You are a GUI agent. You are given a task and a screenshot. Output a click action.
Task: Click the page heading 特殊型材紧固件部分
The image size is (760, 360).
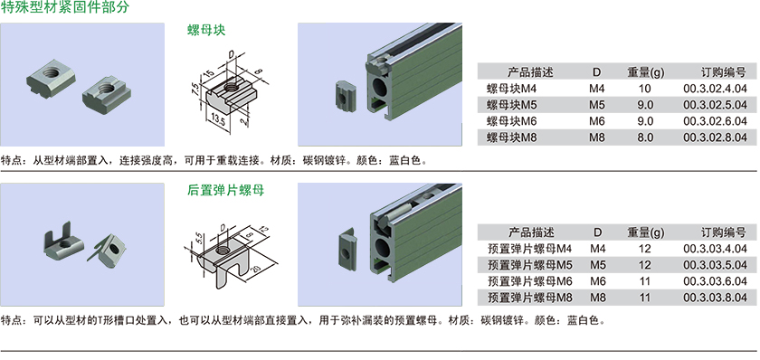[x=65, y=7]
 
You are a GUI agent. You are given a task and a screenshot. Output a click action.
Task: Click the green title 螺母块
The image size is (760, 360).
[x=206, y=31]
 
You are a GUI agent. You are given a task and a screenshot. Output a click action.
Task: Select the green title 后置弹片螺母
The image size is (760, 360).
[x=226, y=191]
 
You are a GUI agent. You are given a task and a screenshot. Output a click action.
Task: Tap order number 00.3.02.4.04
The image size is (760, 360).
[x=715, y=89]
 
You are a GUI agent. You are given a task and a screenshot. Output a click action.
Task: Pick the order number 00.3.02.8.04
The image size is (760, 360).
[x=715, y=137]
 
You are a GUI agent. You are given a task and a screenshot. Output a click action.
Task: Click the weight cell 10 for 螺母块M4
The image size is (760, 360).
[x=645, y=89]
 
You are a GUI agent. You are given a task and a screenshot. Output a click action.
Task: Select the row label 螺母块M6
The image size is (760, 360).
[x=512, y=121]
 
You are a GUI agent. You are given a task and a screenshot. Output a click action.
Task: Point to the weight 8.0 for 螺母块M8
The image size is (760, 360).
[x=646, y=137]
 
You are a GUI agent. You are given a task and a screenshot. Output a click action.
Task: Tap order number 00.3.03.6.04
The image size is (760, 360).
[x=715, y=281]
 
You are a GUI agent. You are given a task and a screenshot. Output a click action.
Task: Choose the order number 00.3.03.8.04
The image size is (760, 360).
[x=715, y=298]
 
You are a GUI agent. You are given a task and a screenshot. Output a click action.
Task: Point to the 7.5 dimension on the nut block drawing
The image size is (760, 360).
[x=195, y=90]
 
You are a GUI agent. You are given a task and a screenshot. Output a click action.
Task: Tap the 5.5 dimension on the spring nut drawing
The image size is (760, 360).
[x=199, y=237]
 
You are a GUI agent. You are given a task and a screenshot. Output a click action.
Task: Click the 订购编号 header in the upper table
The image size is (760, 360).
[x=723, y=72]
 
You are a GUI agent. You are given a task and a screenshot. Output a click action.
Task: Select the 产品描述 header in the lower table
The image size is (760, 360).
[x=531, y=232]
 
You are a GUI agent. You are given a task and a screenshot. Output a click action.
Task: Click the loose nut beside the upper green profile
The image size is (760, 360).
[x=345, y=97]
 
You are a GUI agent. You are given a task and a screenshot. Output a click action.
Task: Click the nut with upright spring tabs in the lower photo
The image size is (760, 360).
[x=63, y=242]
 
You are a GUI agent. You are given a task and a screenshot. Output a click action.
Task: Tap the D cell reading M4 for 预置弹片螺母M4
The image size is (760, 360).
[x=598, y=249]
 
